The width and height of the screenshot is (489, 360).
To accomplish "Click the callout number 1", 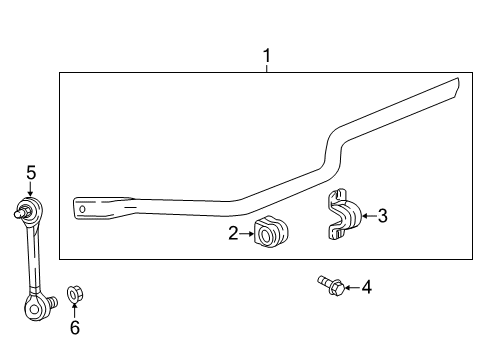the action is (267, 56).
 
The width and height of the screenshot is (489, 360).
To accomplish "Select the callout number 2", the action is (233, 233).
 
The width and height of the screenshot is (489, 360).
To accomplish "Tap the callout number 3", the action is (383, 216).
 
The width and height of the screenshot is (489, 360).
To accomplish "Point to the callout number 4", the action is (367, 287).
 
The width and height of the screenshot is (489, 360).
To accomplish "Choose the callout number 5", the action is (31, 173).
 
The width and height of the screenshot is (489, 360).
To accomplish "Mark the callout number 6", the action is (75, 327).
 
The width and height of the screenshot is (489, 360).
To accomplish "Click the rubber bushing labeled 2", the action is (271, 232).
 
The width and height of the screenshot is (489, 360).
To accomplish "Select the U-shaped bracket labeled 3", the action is (344, 214).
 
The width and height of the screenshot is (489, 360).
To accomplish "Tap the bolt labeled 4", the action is (331, 286).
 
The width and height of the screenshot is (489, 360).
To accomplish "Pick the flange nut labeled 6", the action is (75, 294).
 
